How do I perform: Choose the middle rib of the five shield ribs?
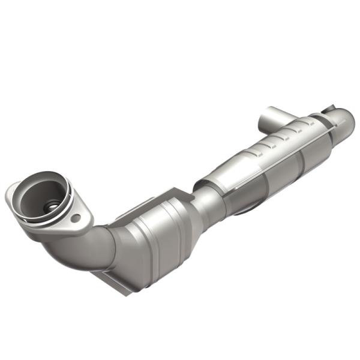277,141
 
